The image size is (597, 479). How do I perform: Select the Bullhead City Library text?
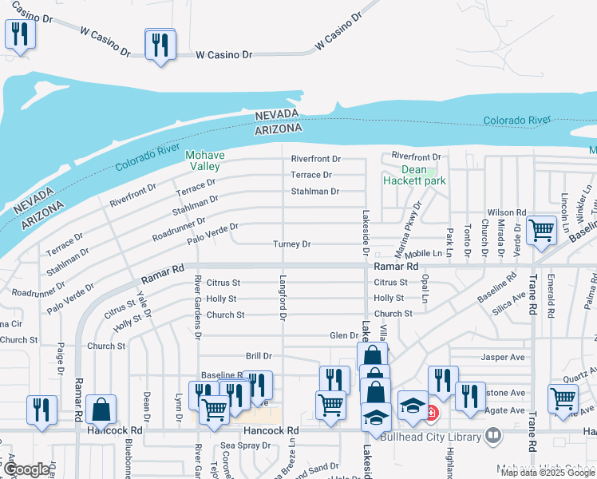pyautogui.click(x=432, y=437)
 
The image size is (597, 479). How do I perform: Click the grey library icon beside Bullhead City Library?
pyautogui.click(x=493, y=436)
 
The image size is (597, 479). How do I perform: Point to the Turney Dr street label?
pyautogui.click(x=292, y=243)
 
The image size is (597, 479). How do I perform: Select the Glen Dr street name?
pyautogui.click(x=344, y=335)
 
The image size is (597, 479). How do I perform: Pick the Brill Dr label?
pyautogui.click(x=259, y=355)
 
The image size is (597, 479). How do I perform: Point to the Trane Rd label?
pyautogui.click(x=532, y=293)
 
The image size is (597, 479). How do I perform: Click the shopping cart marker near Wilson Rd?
pyautogui.click(x=542, y=230)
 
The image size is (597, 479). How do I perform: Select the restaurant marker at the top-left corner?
pyautogui.click(x=19, y=35)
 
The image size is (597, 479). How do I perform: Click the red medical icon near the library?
pyautogui.click(x=432, y=413)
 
